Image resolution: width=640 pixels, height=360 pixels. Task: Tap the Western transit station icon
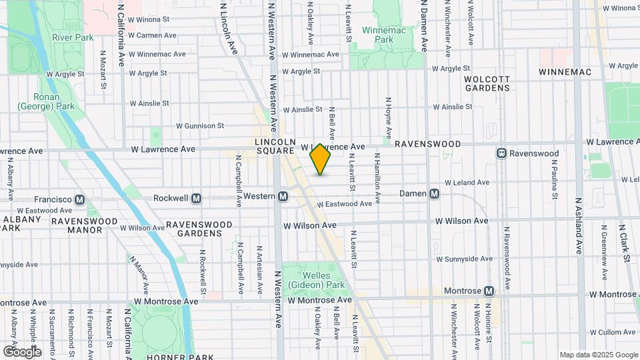(x=283, y=197)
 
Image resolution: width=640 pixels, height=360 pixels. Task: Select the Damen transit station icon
(x=434, y=193)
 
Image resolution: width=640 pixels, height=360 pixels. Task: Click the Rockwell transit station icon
(x=197, y=198)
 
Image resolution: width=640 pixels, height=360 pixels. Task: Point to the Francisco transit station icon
(x=79, y=199)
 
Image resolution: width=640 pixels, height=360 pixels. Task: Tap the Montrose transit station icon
(x=489, y=291)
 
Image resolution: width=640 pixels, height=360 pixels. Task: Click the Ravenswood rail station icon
(x=501, y=153)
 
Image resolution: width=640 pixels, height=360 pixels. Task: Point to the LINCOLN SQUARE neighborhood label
(x=274, y=147)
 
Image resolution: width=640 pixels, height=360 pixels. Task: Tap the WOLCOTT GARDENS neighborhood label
(x=487, y=83)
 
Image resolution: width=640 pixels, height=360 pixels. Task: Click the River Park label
(x=73, y=38)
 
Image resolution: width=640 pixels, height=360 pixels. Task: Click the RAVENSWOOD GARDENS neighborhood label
(x=194, y=229)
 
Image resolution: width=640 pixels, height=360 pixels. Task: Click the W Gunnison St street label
(x=200, y=125)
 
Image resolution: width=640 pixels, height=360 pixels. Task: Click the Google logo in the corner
(x=22, y=351)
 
